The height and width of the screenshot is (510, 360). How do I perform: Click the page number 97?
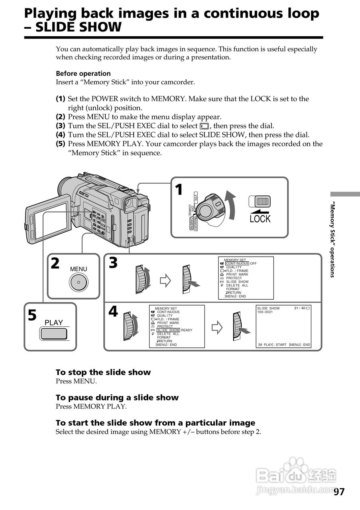tap(339, 492)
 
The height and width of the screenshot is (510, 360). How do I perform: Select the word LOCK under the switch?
tap(260, 219)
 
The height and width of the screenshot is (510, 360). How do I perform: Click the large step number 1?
tap(179, 190)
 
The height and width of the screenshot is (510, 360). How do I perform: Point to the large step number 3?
tap(114, 263)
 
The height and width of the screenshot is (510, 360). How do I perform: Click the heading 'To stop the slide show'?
tap(103, 372)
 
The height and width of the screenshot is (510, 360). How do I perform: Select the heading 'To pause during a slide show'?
tap(117, 397)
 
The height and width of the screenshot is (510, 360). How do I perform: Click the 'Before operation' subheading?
tap(83, 73)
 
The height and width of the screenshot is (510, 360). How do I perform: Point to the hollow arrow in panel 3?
tap(165, 281)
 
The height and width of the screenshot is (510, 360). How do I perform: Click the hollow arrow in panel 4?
tap(216, 328)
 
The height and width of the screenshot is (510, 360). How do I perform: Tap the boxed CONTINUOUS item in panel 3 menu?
tap(237, 263)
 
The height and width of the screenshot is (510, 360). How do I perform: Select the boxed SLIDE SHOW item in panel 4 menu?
tap(168, 330)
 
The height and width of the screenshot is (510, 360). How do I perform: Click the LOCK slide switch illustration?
tap(260, 201)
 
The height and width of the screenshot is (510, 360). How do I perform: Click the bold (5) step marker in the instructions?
tap(61, 144)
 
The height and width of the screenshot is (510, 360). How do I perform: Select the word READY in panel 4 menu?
tap(187, 330)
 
